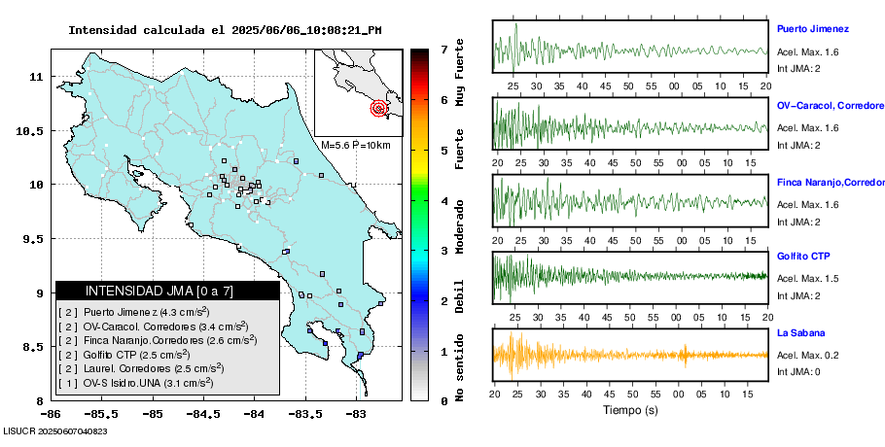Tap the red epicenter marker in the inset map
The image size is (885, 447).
(x=379, y=109)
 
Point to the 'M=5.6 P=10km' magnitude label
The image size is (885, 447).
(x=355, y=145)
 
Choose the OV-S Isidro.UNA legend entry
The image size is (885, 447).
(x=141, y=382)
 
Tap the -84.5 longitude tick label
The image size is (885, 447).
(x=203, y=413)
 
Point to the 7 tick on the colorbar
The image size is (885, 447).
(x=443, y=49)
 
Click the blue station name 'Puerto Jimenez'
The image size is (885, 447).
(x=813, y=29)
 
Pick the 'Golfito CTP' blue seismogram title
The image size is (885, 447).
(x=803, y=257)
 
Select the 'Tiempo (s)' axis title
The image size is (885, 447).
(x=630, y=410)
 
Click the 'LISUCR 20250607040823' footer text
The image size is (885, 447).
(x=55, y=430)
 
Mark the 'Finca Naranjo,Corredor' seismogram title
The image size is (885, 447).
(x=830, y=182)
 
